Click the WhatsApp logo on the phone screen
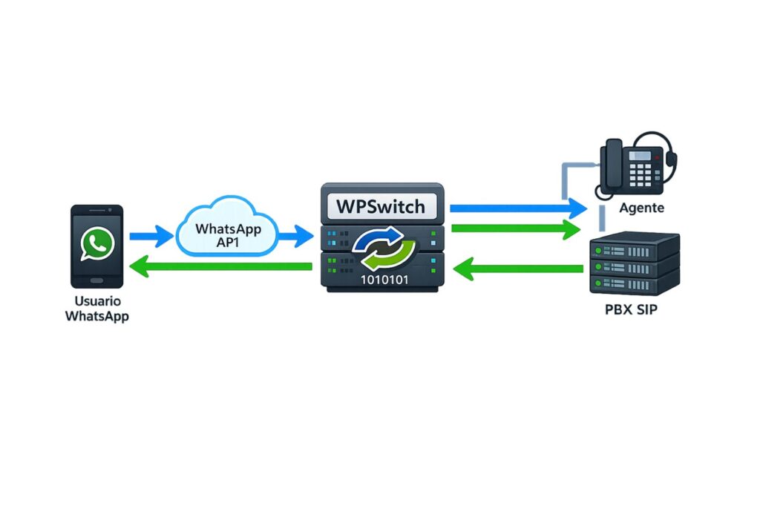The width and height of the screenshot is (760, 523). (97, 243)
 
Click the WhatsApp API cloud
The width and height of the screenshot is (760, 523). (227, 229)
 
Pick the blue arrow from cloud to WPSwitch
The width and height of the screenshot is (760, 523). (295, 237)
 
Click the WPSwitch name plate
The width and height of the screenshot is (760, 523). (381, 205)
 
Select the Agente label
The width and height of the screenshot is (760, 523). (642, 208)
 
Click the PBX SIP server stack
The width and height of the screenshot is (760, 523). (635, 263)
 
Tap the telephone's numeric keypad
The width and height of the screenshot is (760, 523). (641, 175)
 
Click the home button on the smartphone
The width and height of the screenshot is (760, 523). (97, 281)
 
